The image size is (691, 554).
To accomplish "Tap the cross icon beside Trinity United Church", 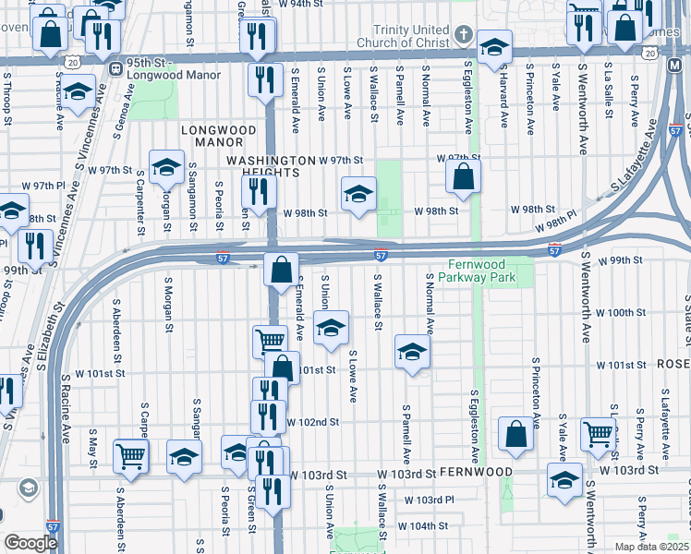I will (460, 39).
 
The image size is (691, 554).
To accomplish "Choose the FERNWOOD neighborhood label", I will (476, 472).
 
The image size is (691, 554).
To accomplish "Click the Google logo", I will (30, 542).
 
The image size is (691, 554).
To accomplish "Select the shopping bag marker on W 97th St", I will (463, 176).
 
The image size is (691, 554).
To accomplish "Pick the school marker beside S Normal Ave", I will (412, 351).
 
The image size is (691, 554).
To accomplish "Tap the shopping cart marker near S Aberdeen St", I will (130, 455).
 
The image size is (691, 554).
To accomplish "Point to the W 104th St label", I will (423, 526).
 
